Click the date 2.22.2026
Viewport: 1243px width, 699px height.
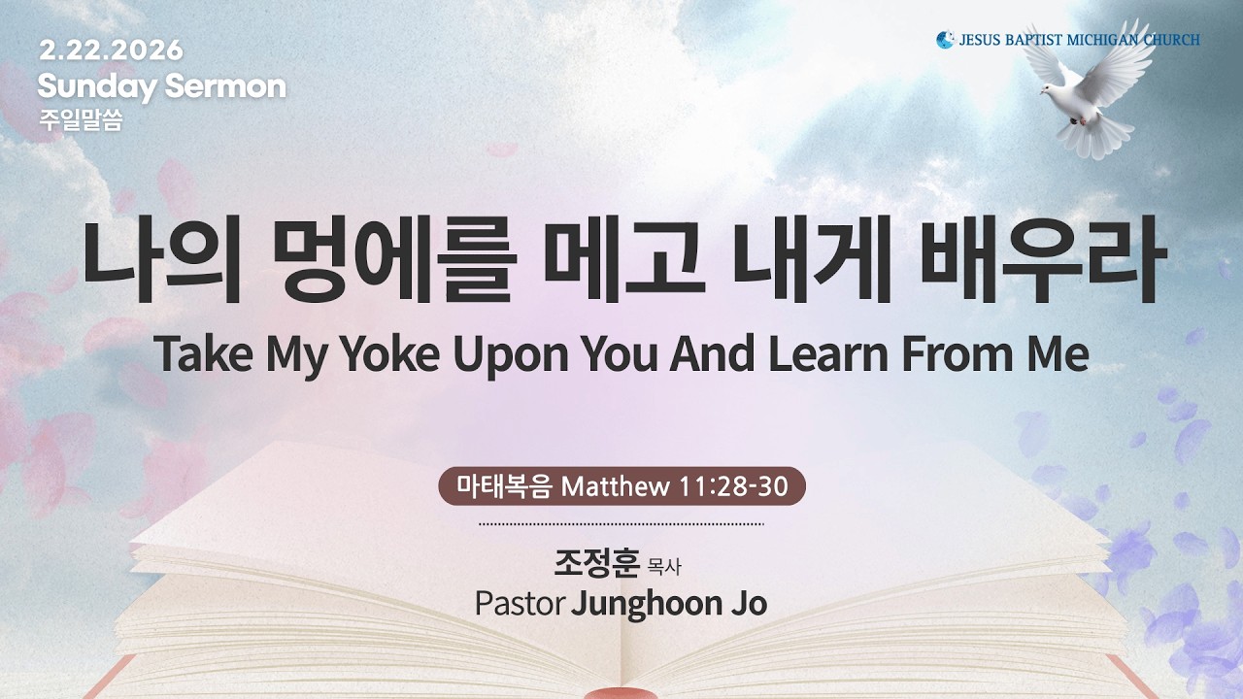111,50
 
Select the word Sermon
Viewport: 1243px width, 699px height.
225,87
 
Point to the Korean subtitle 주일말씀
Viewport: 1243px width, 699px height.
81,122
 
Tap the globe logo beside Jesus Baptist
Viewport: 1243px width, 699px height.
945,40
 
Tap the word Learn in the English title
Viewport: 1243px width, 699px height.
829,355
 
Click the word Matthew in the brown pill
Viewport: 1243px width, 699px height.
616,486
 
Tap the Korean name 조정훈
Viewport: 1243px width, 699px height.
596,563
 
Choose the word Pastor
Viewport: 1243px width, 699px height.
520,603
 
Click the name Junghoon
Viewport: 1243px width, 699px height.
645,603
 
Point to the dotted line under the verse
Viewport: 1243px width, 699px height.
621,523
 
